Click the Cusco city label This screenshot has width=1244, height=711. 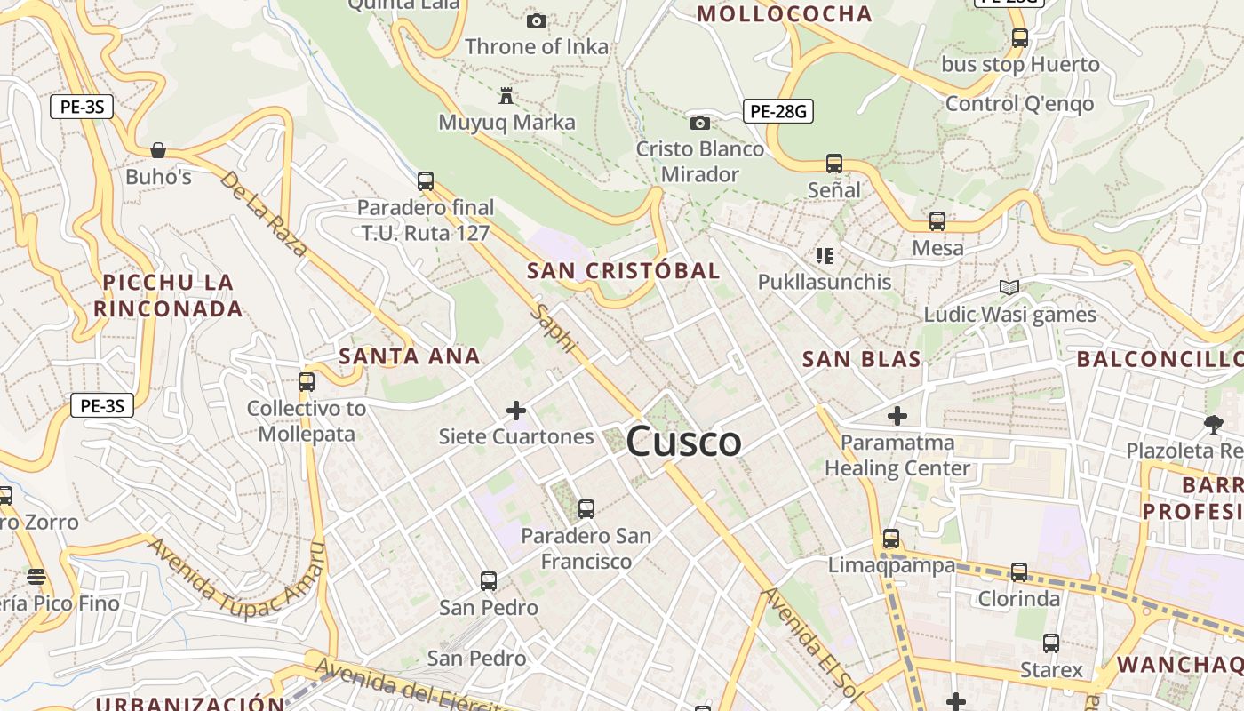click(683, 442)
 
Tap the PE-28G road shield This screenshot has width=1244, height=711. click(777, 111)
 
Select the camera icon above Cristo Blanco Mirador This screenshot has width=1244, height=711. click(700, 123)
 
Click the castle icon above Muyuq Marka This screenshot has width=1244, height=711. click(506, 95)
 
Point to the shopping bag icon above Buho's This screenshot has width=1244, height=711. click(158, 150)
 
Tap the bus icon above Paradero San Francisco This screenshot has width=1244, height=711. click(586, 509)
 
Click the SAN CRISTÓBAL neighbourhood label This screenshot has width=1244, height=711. click(623, 271)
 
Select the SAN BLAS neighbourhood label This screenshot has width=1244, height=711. click(861, 360)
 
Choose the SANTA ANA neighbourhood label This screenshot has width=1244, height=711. click(410, 356)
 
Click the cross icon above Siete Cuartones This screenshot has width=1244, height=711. click(516, 410)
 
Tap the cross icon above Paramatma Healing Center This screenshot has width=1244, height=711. click(897, 415)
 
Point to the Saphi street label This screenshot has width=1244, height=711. click(555, 329)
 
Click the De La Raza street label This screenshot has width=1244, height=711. click(263, 213)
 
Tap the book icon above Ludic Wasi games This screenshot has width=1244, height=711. click(1009, 287)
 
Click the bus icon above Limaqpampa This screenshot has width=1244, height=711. click(891, 539)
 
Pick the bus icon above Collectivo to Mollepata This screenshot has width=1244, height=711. click(307, 382)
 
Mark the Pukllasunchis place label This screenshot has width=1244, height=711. click(824, 282)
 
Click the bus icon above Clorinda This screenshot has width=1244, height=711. click(1019, 572)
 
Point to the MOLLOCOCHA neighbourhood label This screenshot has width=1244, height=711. click(785, 13)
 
